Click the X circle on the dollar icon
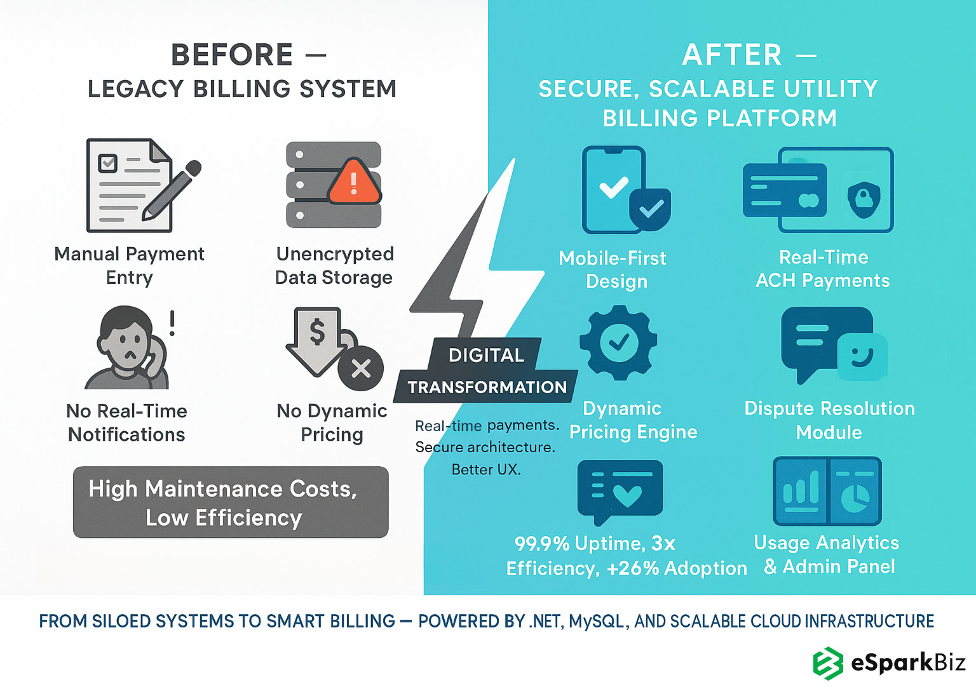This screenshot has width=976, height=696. [x=361, y=368]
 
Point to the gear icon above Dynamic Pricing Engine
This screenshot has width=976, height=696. [x=618, y=343]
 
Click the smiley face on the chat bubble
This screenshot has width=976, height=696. [x=861, y=356]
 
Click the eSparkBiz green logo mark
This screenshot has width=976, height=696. [x=828, y=664]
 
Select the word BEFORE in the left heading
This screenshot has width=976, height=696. [x=233, y=55]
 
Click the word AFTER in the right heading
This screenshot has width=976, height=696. [x=732, y=55]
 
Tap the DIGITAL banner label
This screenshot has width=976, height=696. [x=486, y=355]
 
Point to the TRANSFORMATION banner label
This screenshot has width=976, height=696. [x=487, y=387]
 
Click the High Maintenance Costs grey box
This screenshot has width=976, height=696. [x=231, y=502]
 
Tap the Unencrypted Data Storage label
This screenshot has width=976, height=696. [x=334, y=265]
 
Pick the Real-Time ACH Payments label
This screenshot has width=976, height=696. [x=823, y=269]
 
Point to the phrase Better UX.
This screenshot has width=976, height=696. [x=486, y=469]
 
